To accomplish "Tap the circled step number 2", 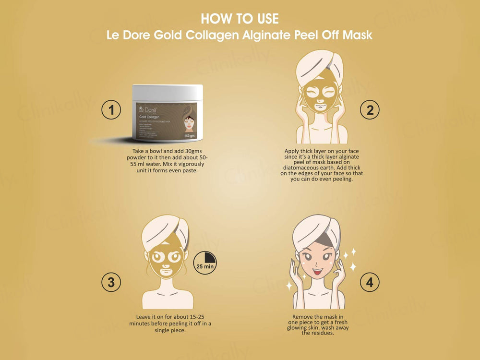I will tap(370, 110).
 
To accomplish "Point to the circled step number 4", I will tap(370, 282).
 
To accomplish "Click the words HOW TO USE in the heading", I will tap(240, 19).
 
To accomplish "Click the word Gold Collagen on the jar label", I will tap(149, 117).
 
